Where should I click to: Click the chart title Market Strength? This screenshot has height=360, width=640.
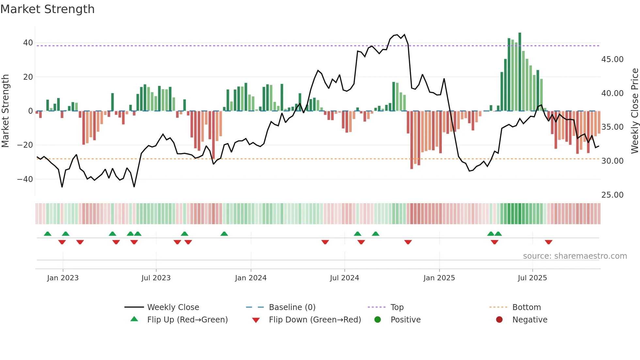[x=47, y=9]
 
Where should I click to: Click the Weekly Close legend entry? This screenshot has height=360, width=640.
[x=173, y=307]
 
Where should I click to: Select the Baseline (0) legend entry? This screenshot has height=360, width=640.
[x=292, y=307]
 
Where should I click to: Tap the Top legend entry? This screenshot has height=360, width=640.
[x=397, y=307]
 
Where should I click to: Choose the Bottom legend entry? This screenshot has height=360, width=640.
[x=526, y=307]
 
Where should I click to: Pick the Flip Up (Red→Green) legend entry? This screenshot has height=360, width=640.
[x=187, y=319]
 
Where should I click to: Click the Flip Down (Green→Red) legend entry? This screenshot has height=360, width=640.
[x=315, y=319]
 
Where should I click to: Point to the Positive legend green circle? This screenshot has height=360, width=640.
[x=377, y=319]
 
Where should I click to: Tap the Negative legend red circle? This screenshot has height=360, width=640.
[x=499, y=319]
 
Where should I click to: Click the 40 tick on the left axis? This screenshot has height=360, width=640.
[x=28, y=43]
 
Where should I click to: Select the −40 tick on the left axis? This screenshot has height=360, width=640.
[x=25, y=179]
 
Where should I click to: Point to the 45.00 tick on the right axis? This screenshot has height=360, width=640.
[x=612, y=59]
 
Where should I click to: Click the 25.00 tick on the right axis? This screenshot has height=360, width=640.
[x=612, y=195]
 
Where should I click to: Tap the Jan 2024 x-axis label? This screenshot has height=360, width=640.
[x=250, y=278]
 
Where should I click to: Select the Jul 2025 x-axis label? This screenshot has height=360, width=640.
[x=532, y=278]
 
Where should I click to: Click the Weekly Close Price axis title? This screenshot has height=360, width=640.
[x=634, y=111]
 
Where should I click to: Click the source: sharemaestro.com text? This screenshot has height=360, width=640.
[x=575, y=256]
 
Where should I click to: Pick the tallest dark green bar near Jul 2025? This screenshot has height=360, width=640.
[x=520, y=72]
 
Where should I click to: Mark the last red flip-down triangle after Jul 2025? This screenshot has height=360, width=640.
[x=549, y=242]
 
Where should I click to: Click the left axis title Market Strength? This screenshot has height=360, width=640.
[x=5, y=111]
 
